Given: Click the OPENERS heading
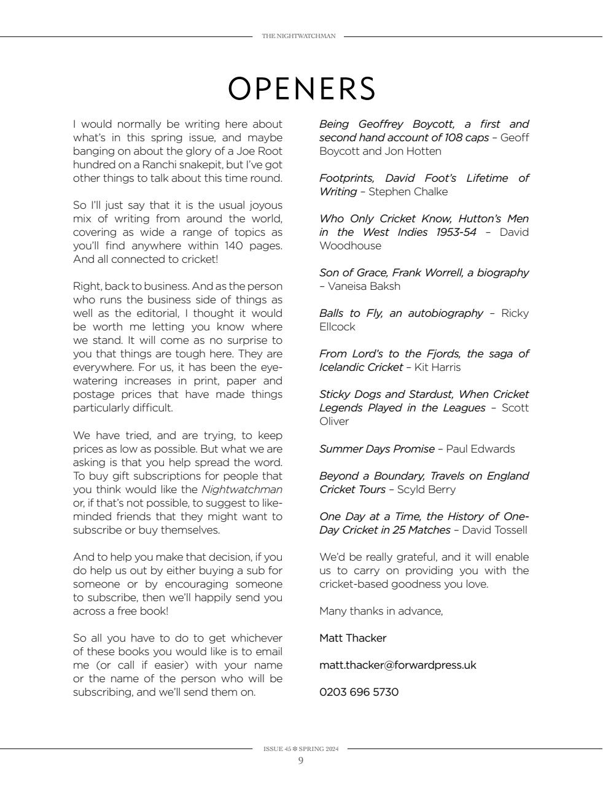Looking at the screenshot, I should pos(301,89).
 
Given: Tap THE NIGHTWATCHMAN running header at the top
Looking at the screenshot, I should pos(298,36).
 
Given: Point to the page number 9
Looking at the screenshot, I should pos(301,761).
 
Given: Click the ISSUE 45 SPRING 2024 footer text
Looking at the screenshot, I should pos(301,749).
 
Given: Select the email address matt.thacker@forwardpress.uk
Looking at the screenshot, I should pos(397,665).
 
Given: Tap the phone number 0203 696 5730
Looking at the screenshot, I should pos(359,692).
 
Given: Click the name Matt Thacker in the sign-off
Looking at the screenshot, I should pos(352,638).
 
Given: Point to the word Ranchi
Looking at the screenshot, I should pos(161,165).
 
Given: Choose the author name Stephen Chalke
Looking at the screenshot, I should pos(408,192).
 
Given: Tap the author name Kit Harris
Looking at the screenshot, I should pos(437,367).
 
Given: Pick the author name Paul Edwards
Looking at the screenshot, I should pos(480,449).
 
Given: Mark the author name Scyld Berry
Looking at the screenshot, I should pos(426,489).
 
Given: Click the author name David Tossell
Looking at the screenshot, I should pos(494,530).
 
